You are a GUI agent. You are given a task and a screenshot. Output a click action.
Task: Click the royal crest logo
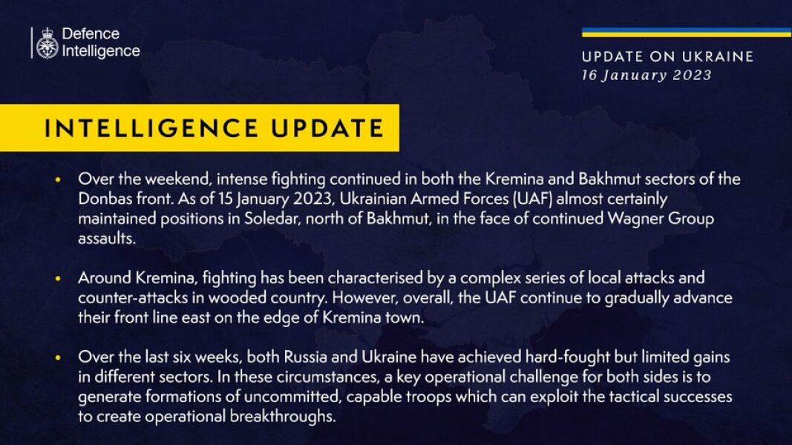tap(47, 43)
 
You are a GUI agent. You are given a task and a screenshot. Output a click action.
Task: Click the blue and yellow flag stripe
tap(686, 33)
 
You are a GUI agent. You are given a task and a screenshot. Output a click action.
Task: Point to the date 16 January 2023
tap(647, 75)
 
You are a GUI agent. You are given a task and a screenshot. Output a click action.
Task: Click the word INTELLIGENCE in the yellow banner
tap(148, 128)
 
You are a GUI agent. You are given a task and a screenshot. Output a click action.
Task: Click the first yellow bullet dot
tap(59, 180)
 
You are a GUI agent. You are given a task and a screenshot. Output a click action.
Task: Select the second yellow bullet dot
tap(59, 279)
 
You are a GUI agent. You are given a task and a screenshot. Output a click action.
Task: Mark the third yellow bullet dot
tap(59, 358)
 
